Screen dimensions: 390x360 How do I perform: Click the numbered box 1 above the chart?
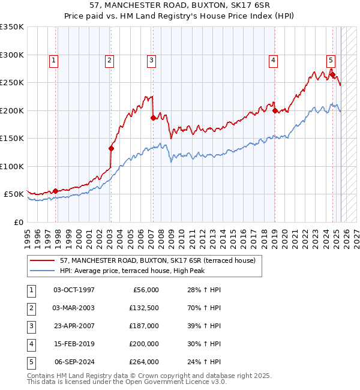(54, 59)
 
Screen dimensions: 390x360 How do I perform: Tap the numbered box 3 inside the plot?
(151, 59)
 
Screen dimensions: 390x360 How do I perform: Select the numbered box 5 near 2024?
(331, 59)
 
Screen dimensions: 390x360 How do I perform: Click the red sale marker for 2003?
(111, 148)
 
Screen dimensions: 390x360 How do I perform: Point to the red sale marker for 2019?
(274, 110)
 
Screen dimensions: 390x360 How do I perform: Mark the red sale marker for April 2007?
(152, 118)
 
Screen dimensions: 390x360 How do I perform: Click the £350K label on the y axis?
(11, 27)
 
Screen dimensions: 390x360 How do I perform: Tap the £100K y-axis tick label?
(11, 166)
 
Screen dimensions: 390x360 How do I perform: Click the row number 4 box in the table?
(29, 344)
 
